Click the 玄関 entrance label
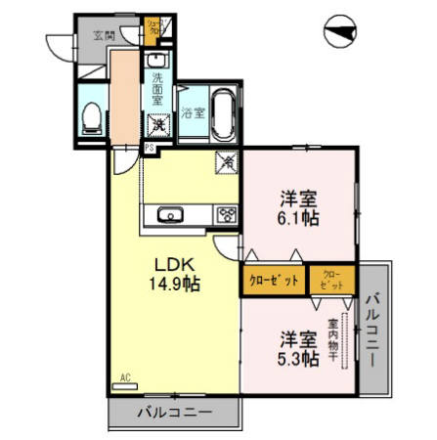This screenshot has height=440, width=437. coord(103,34)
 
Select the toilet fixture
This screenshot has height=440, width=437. coord(91,117)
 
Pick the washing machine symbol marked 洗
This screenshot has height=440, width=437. coord(156,124)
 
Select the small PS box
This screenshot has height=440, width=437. coord(150,148)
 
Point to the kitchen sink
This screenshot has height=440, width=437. coord(166,214)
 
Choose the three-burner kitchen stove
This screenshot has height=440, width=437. coord(226,214)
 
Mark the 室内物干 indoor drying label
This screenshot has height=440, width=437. coord(333,338)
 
